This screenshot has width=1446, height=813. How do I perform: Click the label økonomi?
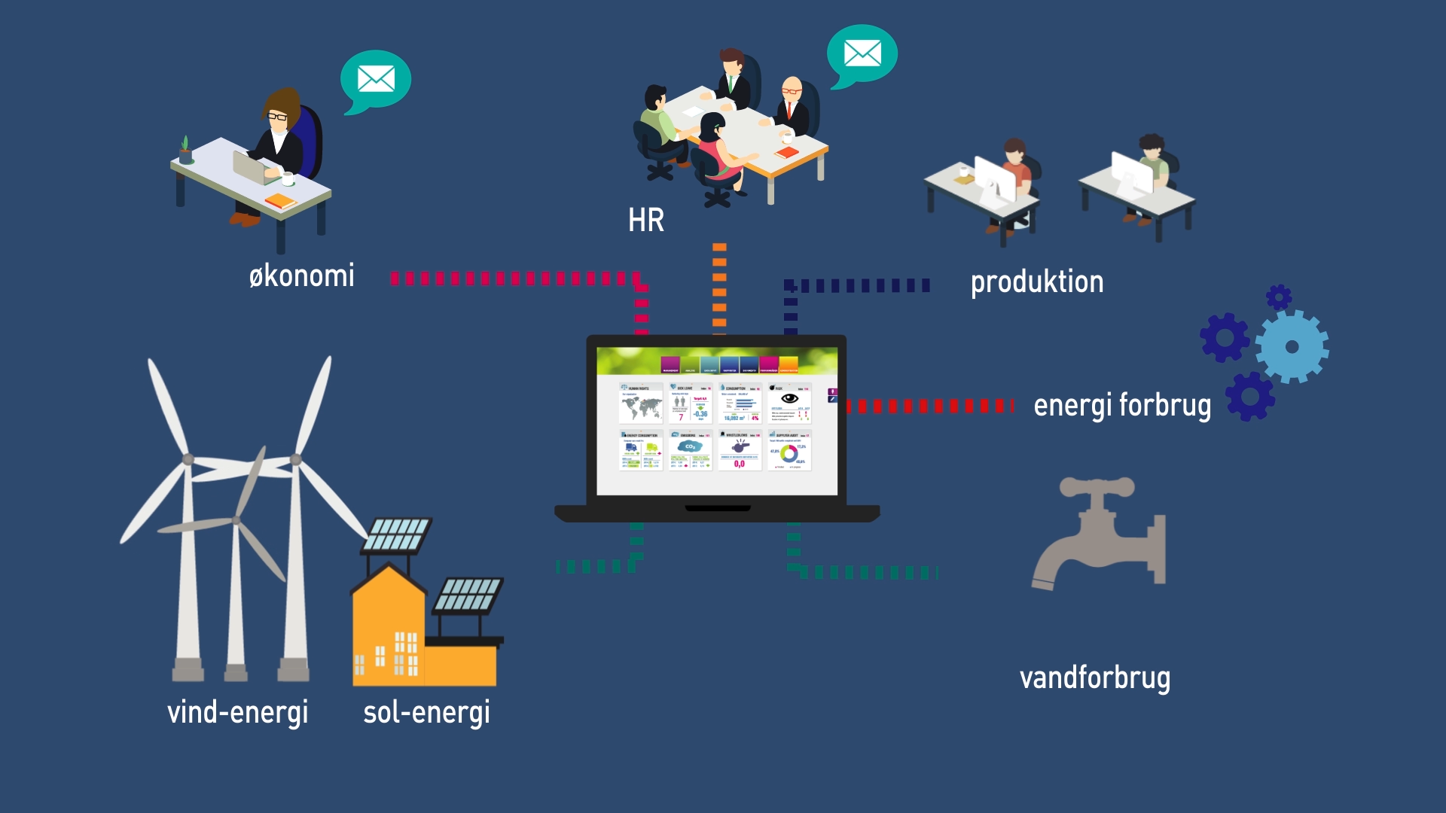(301, 276)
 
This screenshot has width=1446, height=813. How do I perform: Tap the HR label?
(646, 221)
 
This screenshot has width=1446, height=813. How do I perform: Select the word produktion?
(1036, 282)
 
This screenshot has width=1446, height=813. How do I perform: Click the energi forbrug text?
(1122, 405)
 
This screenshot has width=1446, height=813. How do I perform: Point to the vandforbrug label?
(1094, 677)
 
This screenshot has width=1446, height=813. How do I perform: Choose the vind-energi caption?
(237, 712)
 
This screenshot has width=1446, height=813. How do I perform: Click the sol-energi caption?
(426, 712)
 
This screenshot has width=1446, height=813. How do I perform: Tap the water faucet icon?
(1099, 534)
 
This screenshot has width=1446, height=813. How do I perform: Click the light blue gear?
(1292, 347)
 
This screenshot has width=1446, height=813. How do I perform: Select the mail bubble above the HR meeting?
(862, 53)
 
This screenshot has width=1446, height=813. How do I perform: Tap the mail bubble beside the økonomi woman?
(376, 78)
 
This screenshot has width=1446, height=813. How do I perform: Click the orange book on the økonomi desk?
(280, 201)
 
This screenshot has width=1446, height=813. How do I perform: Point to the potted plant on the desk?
(185, 150)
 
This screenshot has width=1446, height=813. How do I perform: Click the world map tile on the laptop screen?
(641, 407)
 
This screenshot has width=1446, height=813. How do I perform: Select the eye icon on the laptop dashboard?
(789, 398)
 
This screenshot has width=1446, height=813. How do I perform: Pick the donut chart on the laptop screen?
(789, 453)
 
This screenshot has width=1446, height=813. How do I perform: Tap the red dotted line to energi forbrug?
(930, 406)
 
